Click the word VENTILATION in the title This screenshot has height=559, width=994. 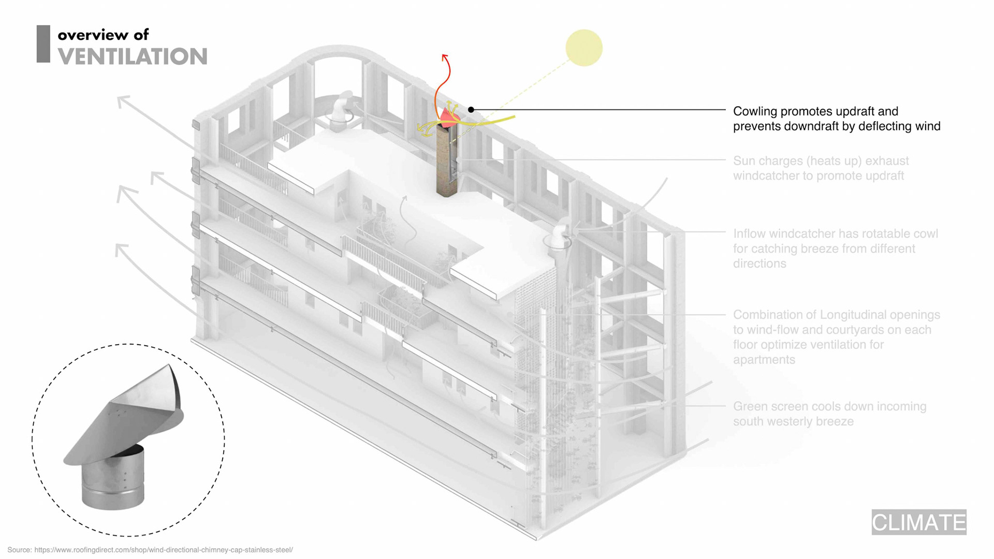pyautogui.click(x=133, y=56)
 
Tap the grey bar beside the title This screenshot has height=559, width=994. pyautogui.click(x=43, y=44)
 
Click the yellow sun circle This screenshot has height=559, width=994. pyautogui.click(x=584, y=48)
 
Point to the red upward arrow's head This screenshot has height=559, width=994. pyautogui.click(x=445, y=56)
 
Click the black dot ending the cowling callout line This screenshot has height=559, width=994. pyautogui.click(x=471, y=110)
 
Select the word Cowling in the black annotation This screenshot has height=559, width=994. pyautogui.click(x=755, y=111)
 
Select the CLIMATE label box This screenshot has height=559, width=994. pyautogui.click(x=918, y=522)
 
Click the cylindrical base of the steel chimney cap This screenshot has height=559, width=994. pyautogui.click(x=113, y=479)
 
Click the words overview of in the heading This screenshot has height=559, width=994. pyautogui.click(x=103, y=35)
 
